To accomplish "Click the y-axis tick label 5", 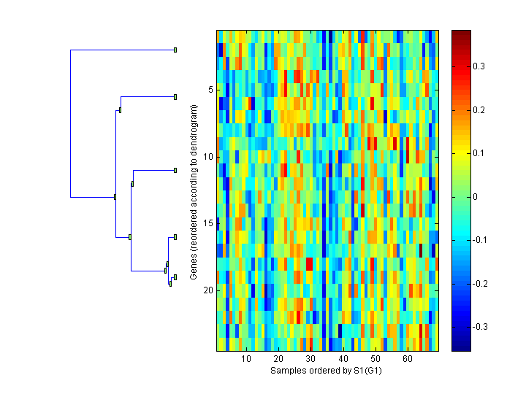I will (210, 90).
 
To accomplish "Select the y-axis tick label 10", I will (207, 156).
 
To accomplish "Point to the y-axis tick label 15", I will (207, 223).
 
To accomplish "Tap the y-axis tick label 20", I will (207, 290).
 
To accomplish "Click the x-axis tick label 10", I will (246, 360).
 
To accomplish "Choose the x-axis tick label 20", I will (278, 360).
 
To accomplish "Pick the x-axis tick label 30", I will (310, 360).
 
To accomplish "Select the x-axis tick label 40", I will (343, 360).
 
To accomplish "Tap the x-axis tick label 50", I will (375, 360).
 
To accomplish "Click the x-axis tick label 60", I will (407, 360).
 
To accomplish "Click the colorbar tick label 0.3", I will (479, 66).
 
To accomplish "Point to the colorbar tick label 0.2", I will (479, 109).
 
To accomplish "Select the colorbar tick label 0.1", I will (479, 153).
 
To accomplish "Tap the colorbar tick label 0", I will (476, 196).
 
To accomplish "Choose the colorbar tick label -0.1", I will (481, 240).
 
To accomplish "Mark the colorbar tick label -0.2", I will (481, 283).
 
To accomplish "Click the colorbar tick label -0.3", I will (481, 326).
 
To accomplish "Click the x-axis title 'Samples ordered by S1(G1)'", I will (327, 371).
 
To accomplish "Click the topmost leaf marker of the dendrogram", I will (175, 50).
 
